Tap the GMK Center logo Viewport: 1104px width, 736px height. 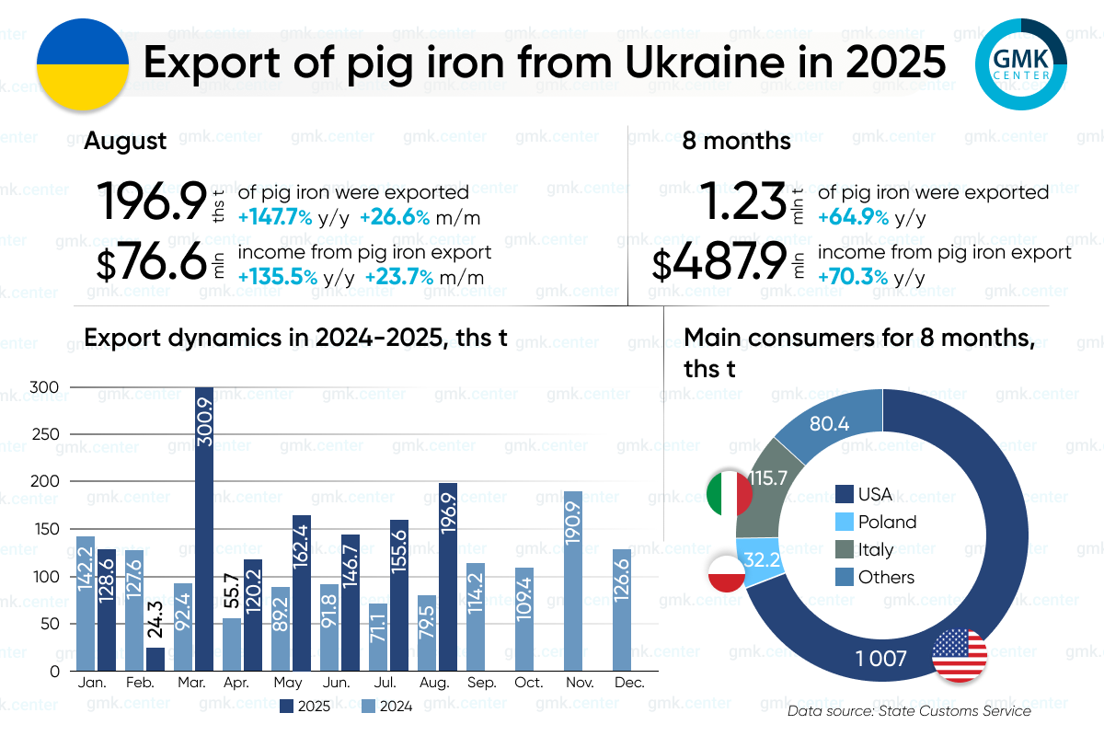pos(1020,63)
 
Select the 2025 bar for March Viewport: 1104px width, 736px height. pos(204,529)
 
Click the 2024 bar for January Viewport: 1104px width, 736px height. pos(86,604)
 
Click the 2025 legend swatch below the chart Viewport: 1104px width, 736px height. pos(286,707)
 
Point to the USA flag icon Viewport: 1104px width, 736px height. pos(960,656)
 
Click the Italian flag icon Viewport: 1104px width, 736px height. pos(729,493)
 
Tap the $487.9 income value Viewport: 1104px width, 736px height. pos(719,264)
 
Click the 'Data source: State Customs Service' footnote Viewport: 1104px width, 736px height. pos(909,711)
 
